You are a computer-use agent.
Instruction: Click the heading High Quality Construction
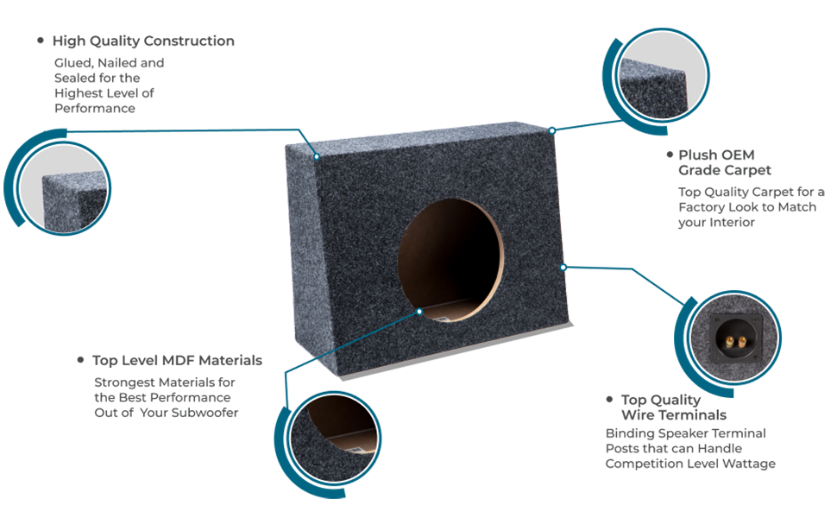coord(143,41)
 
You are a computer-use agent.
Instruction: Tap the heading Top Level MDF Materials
coord(177,361)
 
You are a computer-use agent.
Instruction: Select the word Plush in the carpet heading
coord(697,155)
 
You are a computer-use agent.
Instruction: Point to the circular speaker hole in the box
coord(450,260)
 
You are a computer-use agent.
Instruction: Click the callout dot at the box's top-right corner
coord(552,130)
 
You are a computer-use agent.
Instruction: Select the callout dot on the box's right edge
coord(563,267)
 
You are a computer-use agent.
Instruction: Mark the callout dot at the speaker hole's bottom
coord(419,312)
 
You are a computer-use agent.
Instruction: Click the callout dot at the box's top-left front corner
coord(317,157)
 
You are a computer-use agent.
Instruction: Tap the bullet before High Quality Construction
coord(40,41)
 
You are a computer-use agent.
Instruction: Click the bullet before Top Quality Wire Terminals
coord(609,399)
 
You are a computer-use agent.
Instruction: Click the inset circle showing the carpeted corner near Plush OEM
coord(663,75)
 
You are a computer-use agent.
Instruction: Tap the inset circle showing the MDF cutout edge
coord(334,438)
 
